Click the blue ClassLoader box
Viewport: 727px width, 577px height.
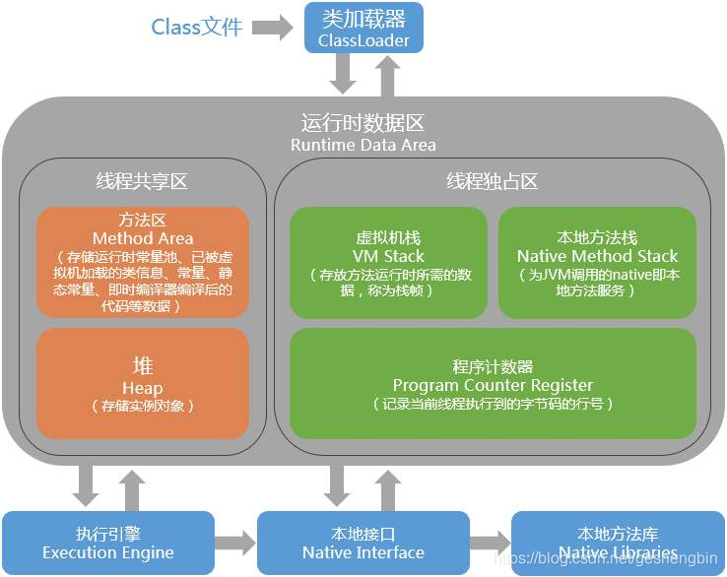(x=363, y=28)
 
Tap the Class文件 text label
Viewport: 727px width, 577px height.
(x=197, y=27)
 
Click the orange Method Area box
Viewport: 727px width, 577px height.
(x=143, y=262)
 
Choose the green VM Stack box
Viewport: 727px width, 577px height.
(x=388, y=262)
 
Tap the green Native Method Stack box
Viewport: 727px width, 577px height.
(x=597, y=262)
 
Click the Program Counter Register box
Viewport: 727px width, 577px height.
(x=493, y=384)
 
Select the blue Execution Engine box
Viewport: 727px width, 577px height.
(x=107, y=543)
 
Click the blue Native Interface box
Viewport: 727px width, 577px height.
(x=363, y=543)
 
